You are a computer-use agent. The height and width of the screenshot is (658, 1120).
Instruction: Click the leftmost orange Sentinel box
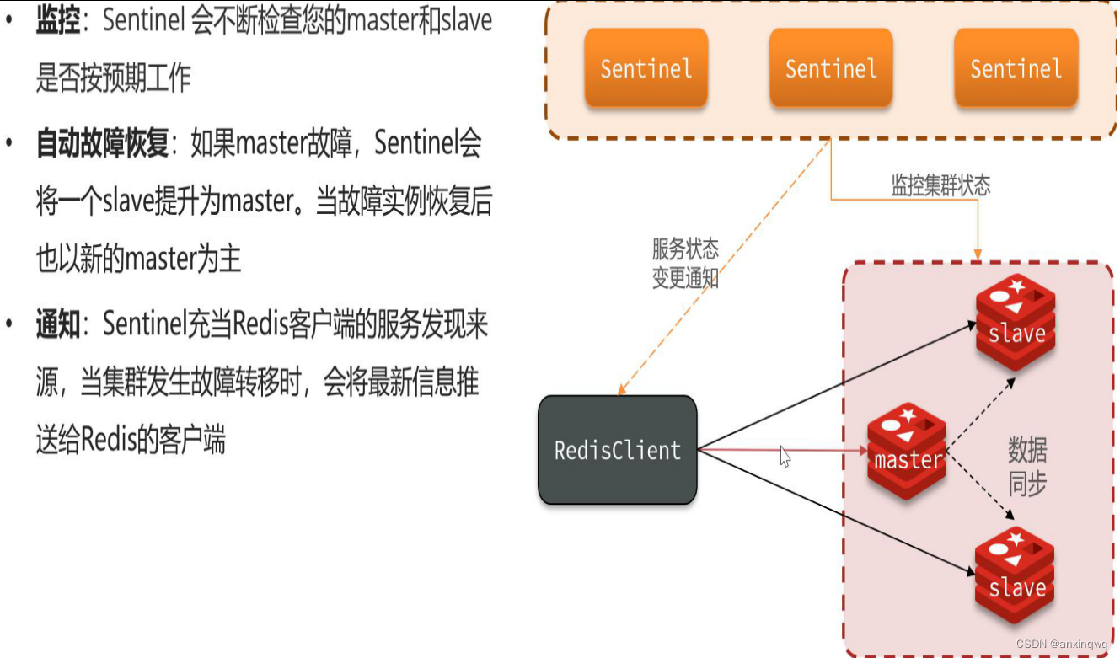click(646, 68)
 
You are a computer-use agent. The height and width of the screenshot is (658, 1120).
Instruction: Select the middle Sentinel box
click(830, 68)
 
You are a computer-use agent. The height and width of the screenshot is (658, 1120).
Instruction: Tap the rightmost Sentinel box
click(1016, 68)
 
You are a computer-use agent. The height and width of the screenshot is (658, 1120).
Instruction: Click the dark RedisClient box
click(618, 450)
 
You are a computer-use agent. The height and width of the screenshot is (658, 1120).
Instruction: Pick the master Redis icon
click(907, 451)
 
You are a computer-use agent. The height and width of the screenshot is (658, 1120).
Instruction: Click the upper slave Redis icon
click(1016, 323)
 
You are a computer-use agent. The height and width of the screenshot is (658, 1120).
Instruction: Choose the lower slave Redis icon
click(1016, 576)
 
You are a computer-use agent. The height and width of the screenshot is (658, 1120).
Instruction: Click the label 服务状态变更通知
click(685, 263)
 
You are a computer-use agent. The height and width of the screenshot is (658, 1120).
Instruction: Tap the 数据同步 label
click(1027, 467)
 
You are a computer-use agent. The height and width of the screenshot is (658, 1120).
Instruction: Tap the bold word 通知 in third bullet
click(57, 325)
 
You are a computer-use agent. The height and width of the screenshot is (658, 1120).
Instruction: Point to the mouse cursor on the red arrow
click(785, 456)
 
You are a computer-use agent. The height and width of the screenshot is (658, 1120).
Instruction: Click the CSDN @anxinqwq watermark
click(1062, 644)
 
